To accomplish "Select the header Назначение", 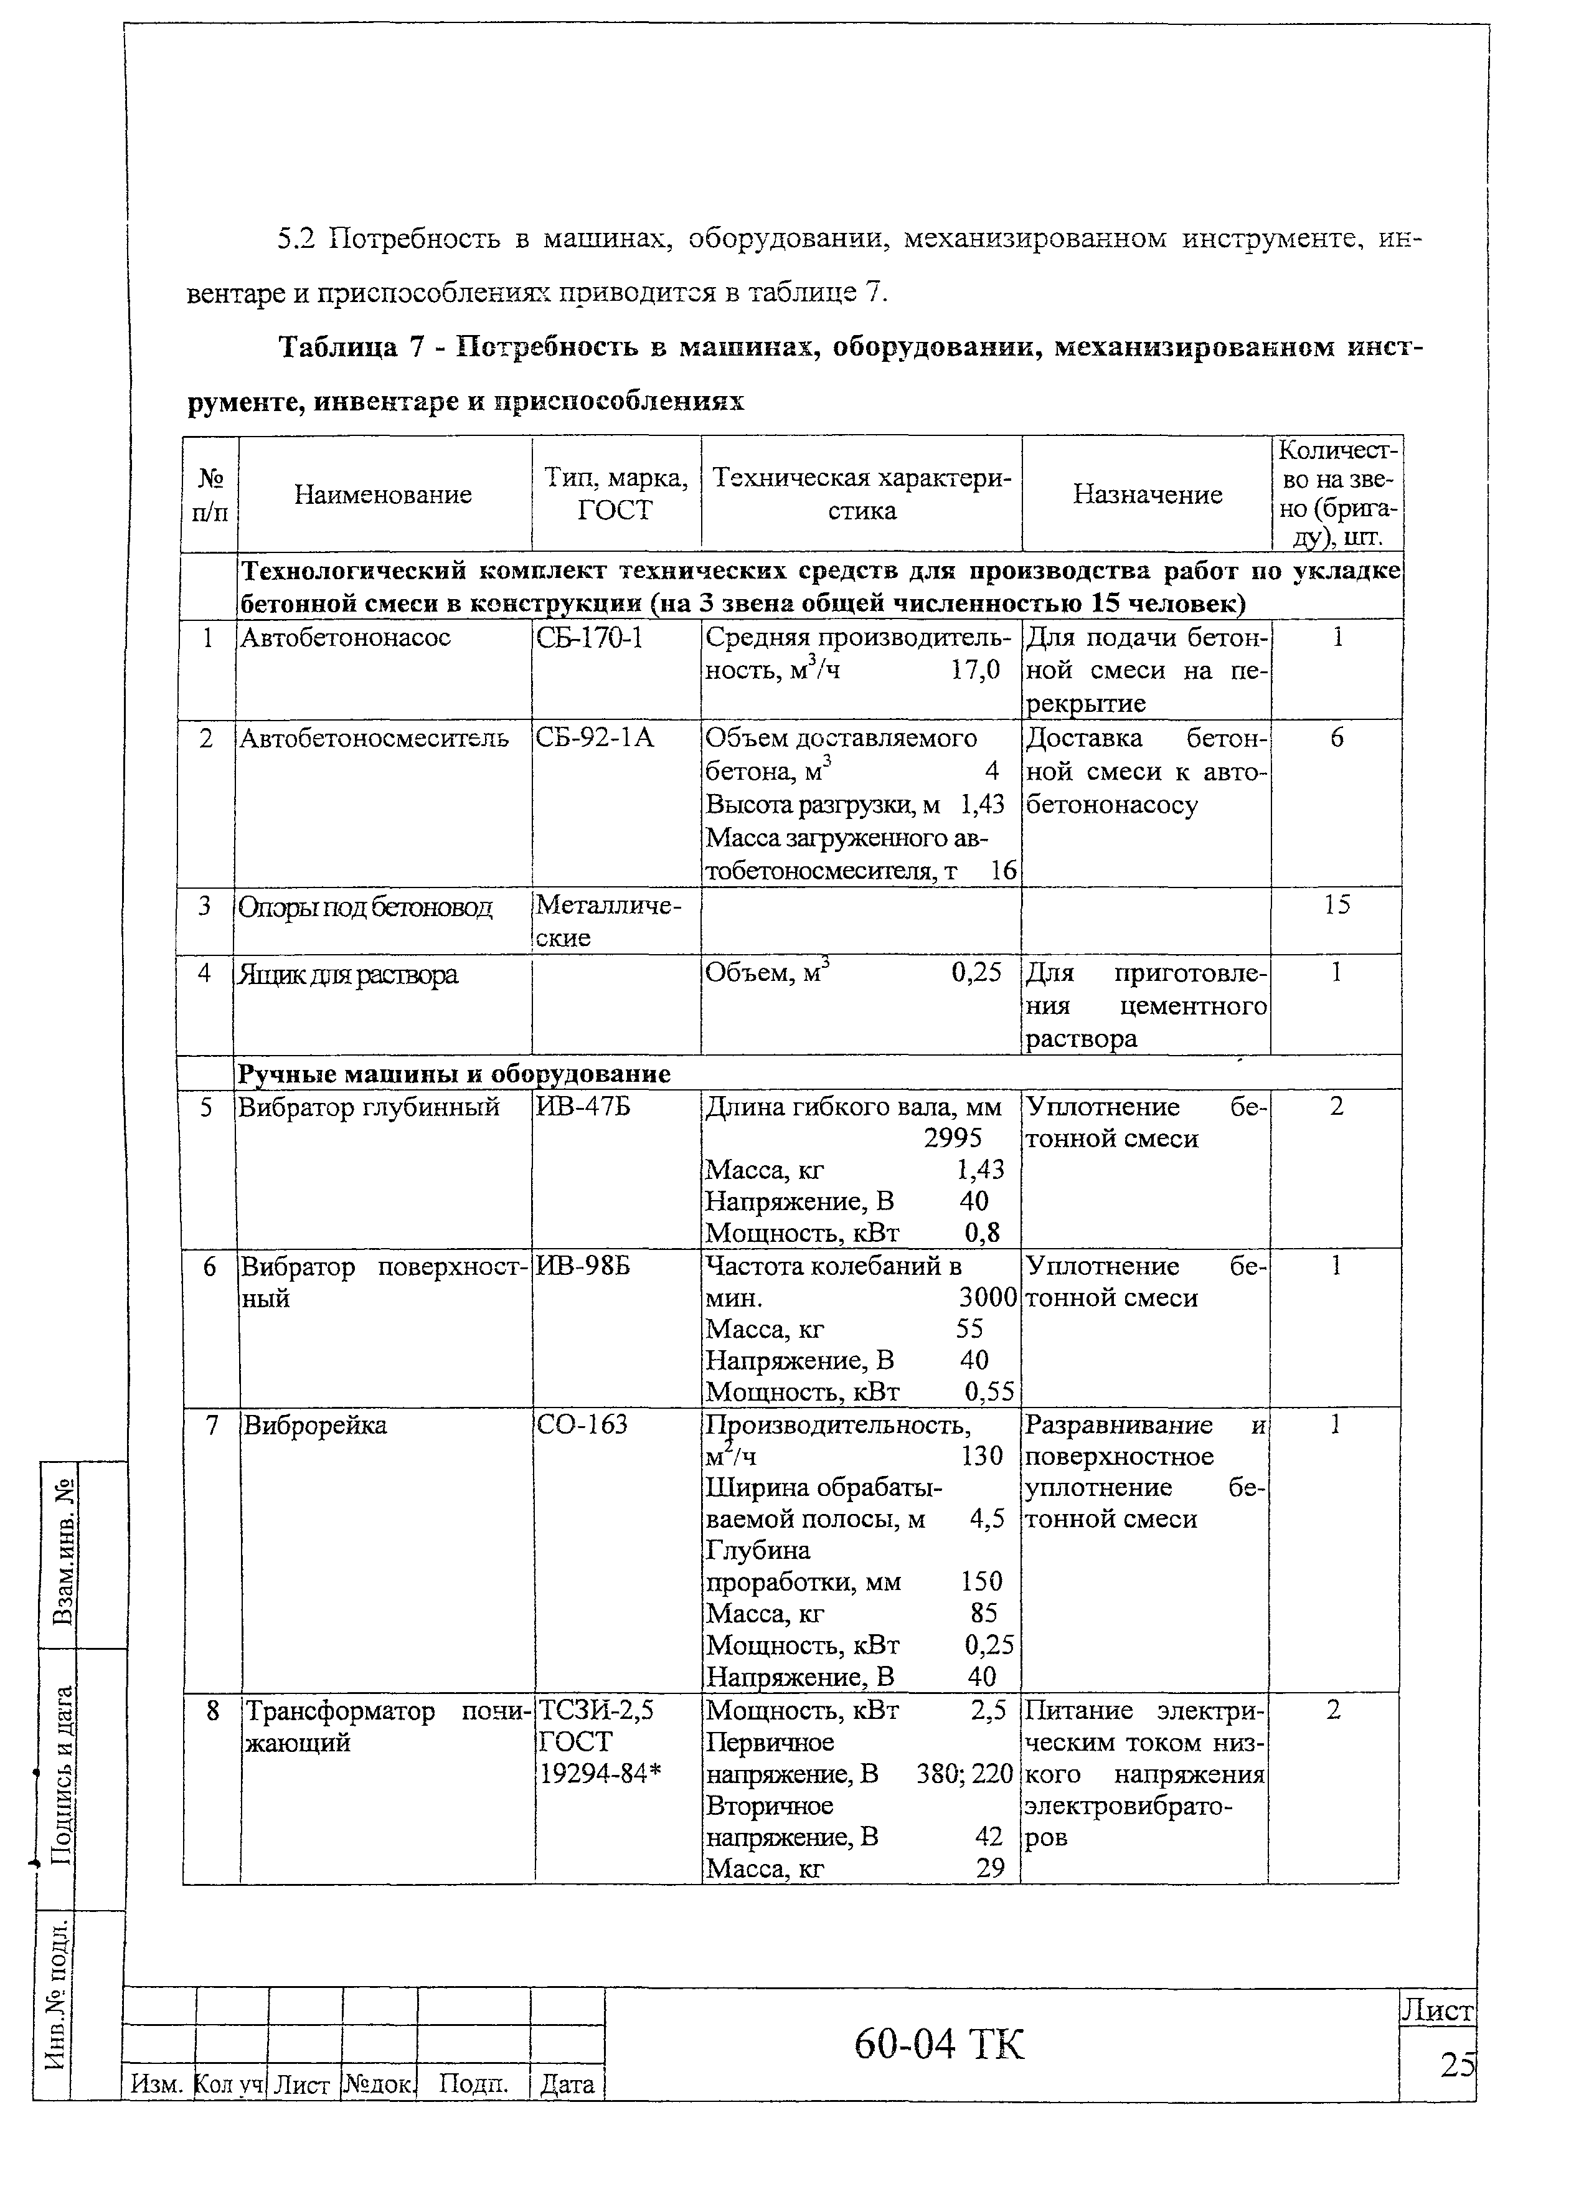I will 1147,494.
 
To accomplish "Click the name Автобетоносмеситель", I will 374,738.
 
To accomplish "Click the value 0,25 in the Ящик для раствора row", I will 976,973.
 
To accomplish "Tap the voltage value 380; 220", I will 964,1774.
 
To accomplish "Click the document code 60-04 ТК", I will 940,2043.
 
